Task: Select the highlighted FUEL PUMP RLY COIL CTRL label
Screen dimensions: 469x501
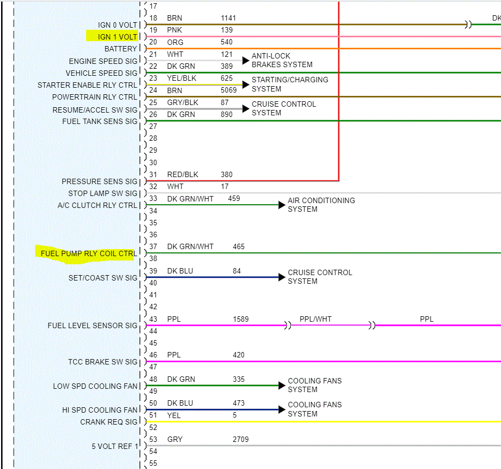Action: tap(88, 253)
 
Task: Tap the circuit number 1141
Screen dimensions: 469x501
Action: tap(228, 18)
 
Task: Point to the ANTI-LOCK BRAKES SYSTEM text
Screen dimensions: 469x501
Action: tap(282, 60)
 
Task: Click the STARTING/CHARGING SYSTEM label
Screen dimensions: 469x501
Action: tap(290, 84)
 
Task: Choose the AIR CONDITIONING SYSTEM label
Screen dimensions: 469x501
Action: tap(321, 205)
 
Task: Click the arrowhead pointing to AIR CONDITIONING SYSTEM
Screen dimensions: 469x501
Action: tap(282, 205)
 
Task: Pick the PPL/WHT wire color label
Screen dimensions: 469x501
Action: tap(315, 319)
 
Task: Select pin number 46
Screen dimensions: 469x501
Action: tap(153, 355)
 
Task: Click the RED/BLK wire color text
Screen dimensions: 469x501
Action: tap(183, 174)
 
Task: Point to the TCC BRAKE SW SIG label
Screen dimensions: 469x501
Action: tap(103, 362)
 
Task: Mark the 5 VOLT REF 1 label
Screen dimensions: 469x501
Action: tap(115, 446)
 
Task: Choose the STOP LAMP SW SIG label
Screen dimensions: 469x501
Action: tap(103, 193)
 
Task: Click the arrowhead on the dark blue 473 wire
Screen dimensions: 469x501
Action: tap(282, 409)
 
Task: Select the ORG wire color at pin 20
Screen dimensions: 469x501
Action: tap(175, 42)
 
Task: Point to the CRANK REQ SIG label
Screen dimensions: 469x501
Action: tap(109, 422)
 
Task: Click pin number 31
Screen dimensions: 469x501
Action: tap(153, 174)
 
